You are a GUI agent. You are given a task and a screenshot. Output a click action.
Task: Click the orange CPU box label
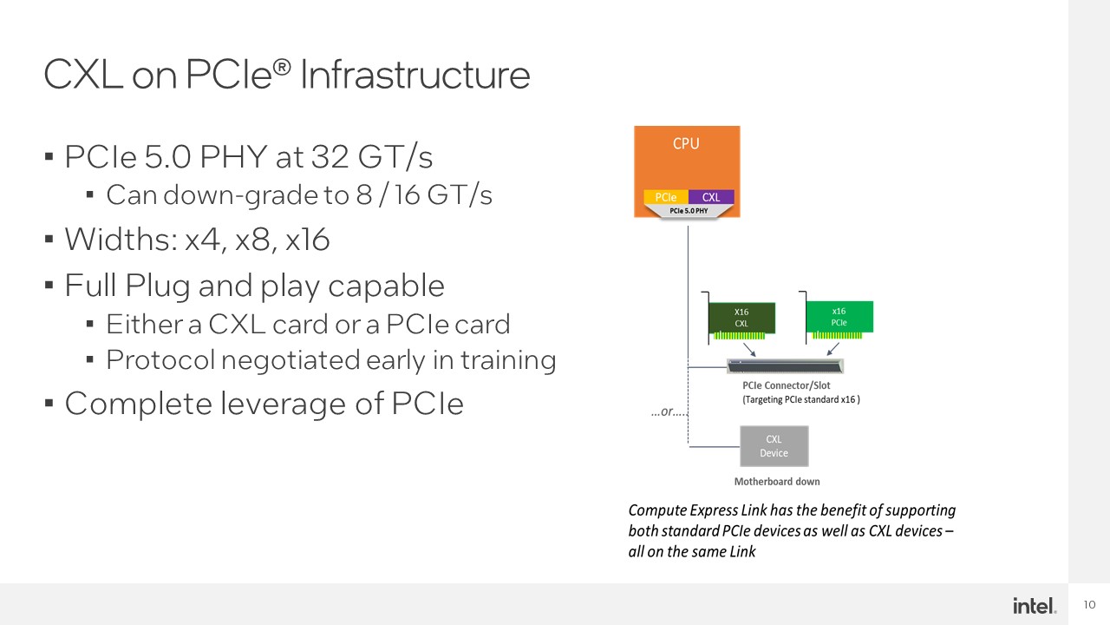coord(686,144)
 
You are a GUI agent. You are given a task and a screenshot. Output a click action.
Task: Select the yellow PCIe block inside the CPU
coord(665,197)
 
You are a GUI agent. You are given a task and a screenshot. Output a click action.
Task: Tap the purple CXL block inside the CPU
coord(711,197)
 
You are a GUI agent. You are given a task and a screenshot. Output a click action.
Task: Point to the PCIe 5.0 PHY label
coord(689,211)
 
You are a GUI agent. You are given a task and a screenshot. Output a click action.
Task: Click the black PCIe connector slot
coord(785,366)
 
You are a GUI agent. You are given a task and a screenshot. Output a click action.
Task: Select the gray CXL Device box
coord(774,446)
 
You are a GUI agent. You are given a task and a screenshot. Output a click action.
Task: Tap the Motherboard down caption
coord(777,482)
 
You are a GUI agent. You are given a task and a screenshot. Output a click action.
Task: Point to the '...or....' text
coord(669,411)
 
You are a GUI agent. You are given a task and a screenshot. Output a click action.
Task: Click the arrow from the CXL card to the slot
coord(749,349)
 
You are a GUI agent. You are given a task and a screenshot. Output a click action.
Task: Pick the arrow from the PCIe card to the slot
coord(833,349)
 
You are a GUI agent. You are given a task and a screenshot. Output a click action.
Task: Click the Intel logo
coord(1035,606)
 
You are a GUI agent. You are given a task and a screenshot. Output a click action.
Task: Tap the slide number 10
coord(1089,605)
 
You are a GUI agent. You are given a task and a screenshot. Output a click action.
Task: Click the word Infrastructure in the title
coord(415,75)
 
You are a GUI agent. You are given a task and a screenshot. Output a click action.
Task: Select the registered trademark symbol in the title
coord(282,67)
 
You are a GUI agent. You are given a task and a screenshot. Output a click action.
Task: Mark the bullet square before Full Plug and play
coord(49,286)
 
